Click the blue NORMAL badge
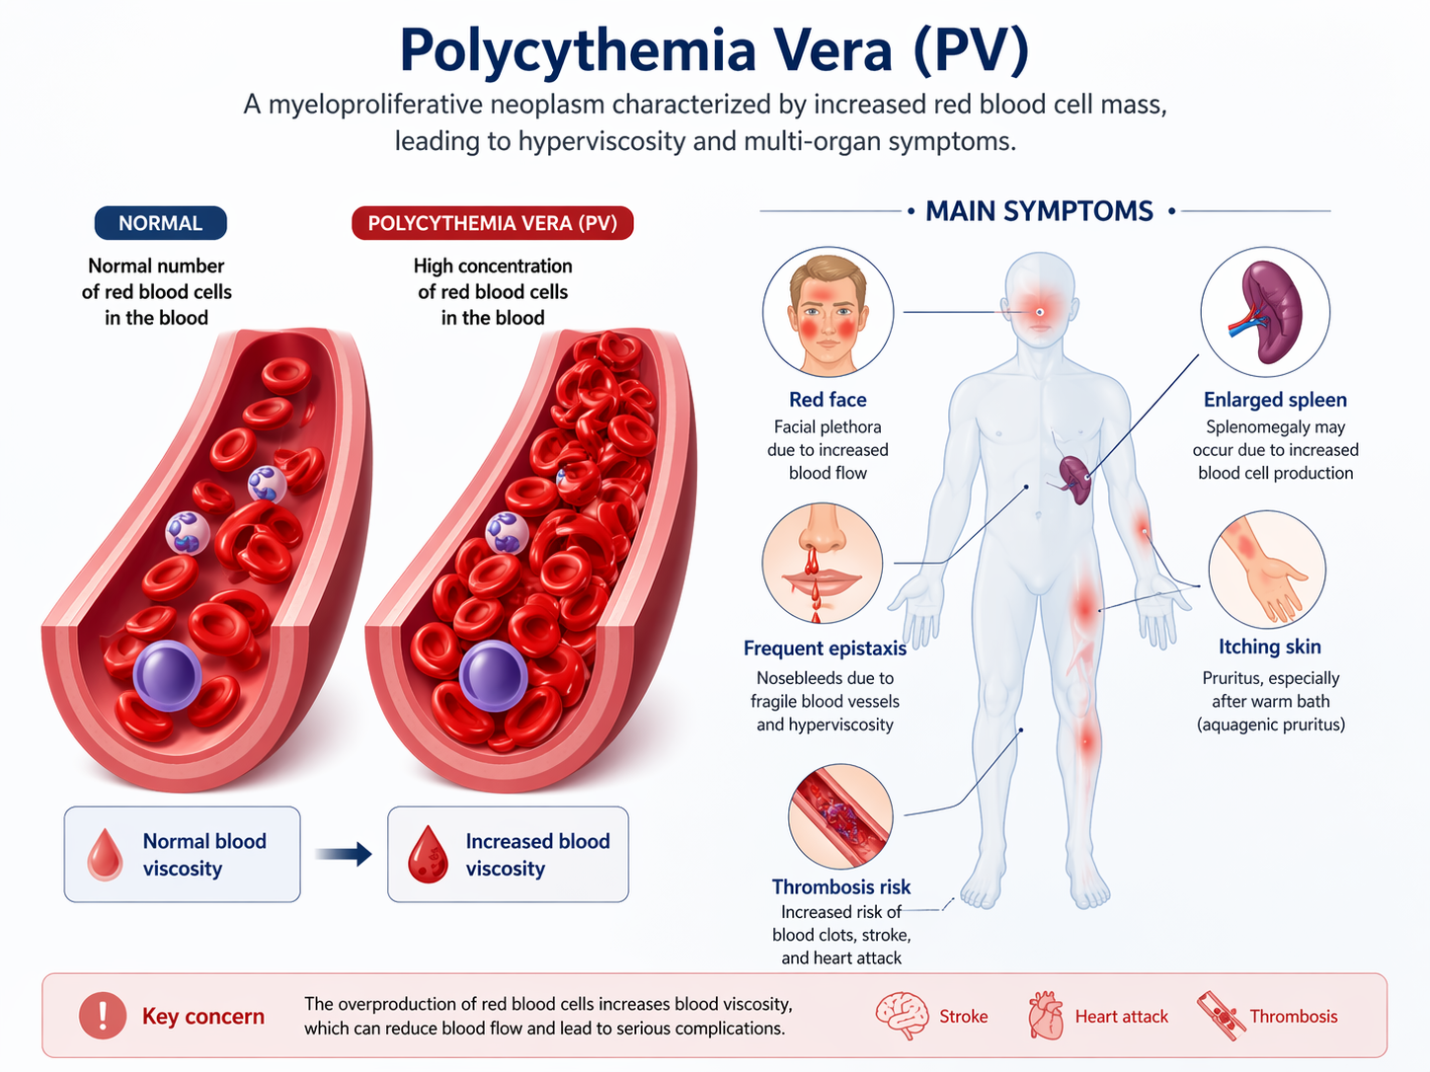(x=160, y=223)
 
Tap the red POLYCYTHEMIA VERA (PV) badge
(x=493, y=223)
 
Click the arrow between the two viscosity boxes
(x=344, y=854)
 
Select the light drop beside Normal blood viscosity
(x=105, y=854)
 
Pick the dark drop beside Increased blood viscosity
(x=428, y=855)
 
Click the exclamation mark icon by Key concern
(x=103, y=1016)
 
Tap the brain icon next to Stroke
(x=903, y=1016)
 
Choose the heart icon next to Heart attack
(x=1046, y=1016)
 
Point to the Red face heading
(x=828, y=399)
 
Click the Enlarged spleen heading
(x=1275, y=399)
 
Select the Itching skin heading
(x=1270, y=647)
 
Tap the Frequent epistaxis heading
(x=825, y=649)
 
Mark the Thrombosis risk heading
(x=841, y=886)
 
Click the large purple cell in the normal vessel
(x=168, y=675)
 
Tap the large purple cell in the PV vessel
(x=493, y=675)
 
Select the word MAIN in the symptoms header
(x=960, y=211)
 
